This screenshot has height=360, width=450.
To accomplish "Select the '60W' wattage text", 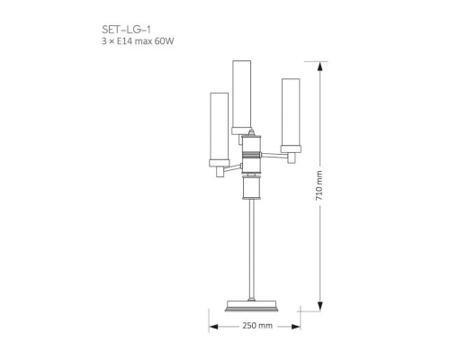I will pyautogui.click(x=164, y=42).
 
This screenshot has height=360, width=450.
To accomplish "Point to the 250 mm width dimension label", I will pyautogui.click(x=256, y=326).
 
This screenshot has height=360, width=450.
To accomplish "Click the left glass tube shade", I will pyautogui.click(x=219, y=125).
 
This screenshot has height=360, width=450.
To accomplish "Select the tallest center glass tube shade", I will pyautogui.click(x=241, y=94).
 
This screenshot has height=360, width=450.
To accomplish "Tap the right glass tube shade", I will pyautogui.click(x=290, y=112).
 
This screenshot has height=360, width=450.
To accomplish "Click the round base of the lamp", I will pyautogui.click(x=253, y=303).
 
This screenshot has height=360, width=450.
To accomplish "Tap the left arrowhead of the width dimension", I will pyautogui.click(x=213, y=326).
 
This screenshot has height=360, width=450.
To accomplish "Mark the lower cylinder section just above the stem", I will pyautogui.click(x=252, y=187).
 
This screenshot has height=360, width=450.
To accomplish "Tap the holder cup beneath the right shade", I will pyautogui.click(x=290, y=148).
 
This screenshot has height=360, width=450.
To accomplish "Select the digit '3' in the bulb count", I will pyautogui.click(x=103, y=42).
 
